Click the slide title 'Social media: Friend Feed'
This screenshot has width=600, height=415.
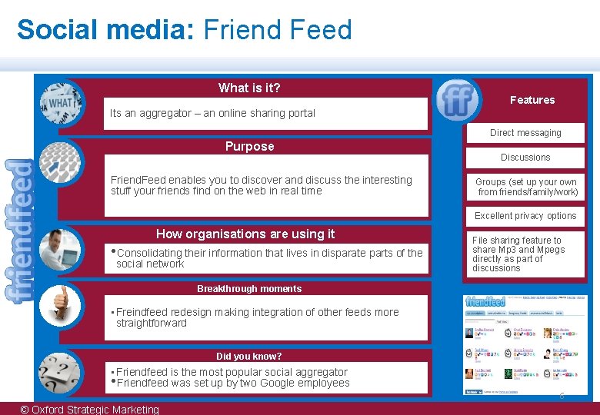(x=184, y=30)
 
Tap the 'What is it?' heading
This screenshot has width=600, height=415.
(x=249, y=88)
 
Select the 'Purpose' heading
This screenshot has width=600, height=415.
(x=249, y=146)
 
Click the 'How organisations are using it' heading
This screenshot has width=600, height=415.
(x=245, y=234)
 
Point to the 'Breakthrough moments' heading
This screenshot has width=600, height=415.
(x=249, y=289)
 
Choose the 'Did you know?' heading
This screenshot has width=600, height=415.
(x=249, y=356)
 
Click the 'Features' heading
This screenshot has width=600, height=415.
(x=532, y=100)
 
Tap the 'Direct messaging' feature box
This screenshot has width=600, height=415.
(x=525, y=133)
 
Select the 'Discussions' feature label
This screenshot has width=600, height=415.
(x=525, y=158)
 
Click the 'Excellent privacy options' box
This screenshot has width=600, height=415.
(x=525, y=216)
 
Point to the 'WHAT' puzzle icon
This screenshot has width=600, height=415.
(x=61, y=102)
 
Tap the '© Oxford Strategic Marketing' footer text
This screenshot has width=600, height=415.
(x=90, y=409)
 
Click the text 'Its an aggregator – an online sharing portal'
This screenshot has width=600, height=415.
(x=212, y=113)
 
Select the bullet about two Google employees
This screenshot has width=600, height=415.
(x=232, y=383)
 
